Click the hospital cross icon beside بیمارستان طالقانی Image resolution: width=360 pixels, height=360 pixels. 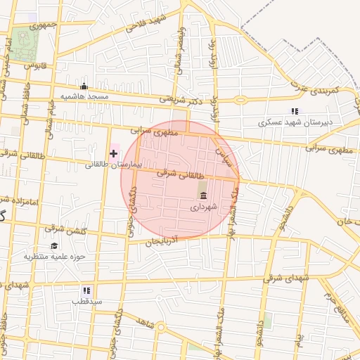[113, 153]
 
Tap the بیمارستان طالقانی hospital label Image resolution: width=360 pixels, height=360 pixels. [113, 165]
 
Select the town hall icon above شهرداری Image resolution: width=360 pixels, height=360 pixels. [203, 195]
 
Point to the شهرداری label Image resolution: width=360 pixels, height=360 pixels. [204, 207]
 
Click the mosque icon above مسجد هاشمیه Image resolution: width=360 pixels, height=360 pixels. [84, 86]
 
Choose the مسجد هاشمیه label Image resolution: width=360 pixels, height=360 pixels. [84, 96]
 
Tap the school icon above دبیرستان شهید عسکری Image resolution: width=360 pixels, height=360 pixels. [295, 111]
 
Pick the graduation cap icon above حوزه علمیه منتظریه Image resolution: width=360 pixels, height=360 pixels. [55, 245]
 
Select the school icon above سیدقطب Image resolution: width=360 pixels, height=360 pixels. [86, 290]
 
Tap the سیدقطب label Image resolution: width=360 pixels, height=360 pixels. [86, 301]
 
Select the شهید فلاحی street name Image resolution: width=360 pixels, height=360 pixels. [146, 23]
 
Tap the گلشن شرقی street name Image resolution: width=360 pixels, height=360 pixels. [61, 228]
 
